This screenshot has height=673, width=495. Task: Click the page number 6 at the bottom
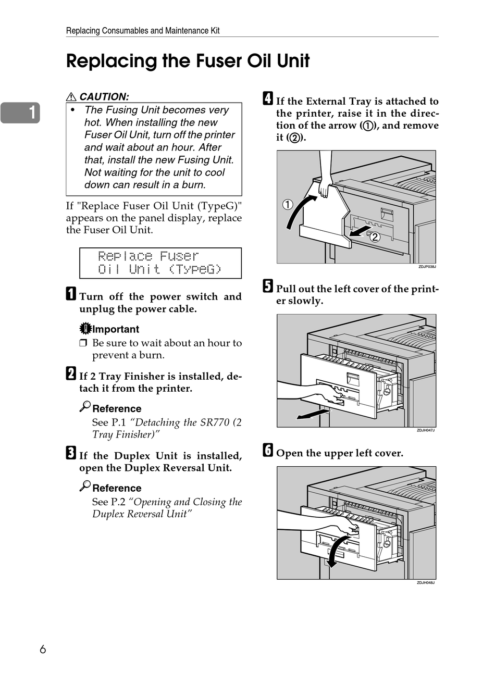pos(43,649)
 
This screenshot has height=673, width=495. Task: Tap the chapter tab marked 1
pos(21,113)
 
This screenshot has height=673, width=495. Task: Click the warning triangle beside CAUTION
pos(71,97)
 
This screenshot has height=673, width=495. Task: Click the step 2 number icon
pos(71,373)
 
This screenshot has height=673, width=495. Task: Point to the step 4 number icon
pos(268,98)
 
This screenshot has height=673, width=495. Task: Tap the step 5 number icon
pos(268,286)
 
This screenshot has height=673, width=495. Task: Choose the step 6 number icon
pos(268,450)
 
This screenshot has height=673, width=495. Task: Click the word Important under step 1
pos(116,329)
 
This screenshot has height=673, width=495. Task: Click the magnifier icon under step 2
pos(85,406)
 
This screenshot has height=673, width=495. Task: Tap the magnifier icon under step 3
pos(85,485)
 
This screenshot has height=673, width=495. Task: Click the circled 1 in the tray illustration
pos(288,204)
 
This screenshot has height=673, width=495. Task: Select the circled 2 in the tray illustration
pos(375,238)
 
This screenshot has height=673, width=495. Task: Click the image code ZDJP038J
pos(426,267)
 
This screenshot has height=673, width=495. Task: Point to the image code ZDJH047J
pos(425,430)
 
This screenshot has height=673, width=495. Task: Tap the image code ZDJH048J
pos(425,582)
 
